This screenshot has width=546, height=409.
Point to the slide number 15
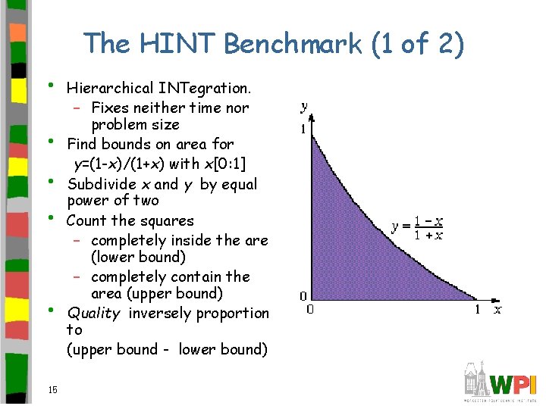(x=52, y=390)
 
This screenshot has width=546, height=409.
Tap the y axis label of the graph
(x=304, y=107)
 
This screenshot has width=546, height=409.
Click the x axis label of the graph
(x=497, y=309)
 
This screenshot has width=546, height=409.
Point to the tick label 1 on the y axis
(x=303, y=130)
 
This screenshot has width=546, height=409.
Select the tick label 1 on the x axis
(x=477, y=309)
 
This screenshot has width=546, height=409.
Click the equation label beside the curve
(x=418, y=227)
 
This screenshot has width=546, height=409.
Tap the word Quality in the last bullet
(x=94, y=314)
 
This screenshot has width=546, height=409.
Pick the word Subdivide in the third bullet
(x=102, y=184)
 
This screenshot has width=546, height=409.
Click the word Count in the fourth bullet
(x=87, y=221)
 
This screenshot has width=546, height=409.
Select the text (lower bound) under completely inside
(x=138, y=258)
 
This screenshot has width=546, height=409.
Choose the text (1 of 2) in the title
(x=418, y=43)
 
